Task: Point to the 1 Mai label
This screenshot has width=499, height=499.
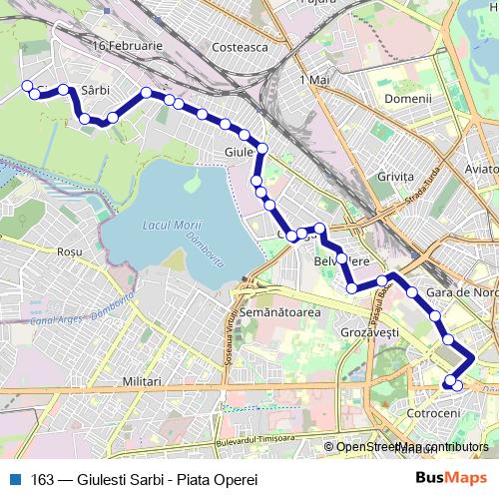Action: tap(313, 78)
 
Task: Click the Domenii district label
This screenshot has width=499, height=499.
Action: tap(410, 99)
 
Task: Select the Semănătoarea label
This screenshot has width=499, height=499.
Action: tap(287, 312)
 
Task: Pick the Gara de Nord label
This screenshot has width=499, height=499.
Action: tap(461, 293)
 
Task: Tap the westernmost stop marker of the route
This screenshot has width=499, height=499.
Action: tap(28, 85)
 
